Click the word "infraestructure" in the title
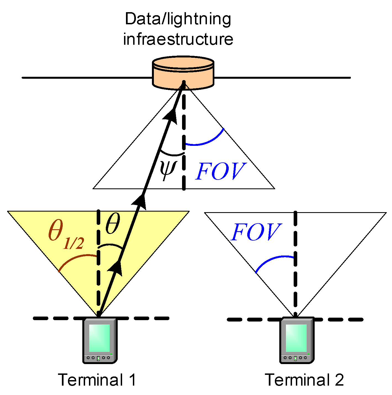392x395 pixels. pyautogui.click(x=178, y=39)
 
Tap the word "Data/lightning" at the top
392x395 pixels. pyautogui.click(x=178, y=19)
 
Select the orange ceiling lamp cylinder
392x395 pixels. pyautogui.click(x=183, y=73)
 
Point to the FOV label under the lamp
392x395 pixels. pyautogui.click(x=220, y=172)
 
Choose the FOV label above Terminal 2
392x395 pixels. pyautogui.click(x=256, y=232)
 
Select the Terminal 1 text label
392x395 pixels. pyautogui.click(x=97, y=380)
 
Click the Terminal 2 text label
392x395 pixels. pyautogui.click(x=304, y=380)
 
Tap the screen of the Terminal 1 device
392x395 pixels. pyautogui.click(x=99, y=338)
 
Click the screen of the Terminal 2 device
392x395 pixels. pyautogui.click(x=296, y=338)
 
